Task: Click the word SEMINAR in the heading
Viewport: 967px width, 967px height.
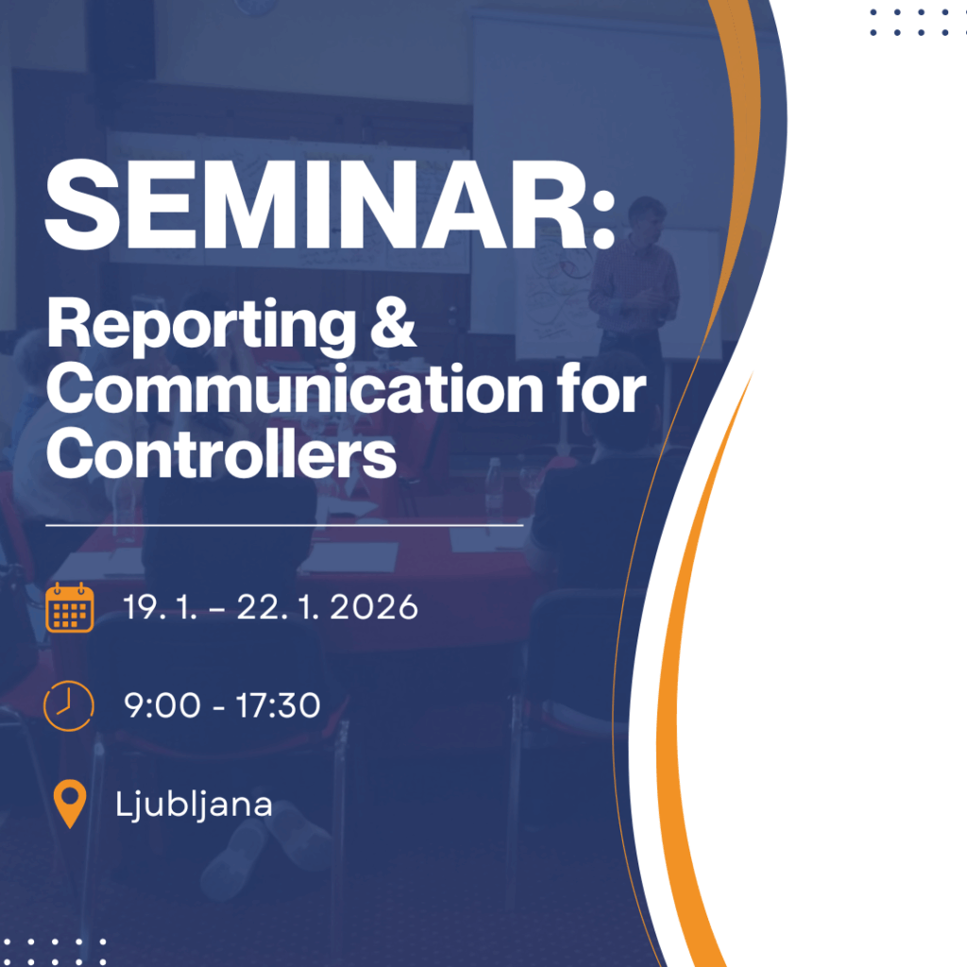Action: point(315,204)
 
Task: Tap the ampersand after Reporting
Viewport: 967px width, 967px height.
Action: point(393,321)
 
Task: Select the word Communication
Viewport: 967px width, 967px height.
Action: point(295,389)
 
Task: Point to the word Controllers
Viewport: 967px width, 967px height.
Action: point(221,453)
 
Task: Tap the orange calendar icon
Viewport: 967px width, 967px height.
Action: point(70,607)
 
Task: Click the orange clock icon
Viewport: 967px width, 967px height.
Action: point(68,705)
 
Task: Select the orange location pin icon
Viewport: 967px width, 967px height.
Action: point(70,804)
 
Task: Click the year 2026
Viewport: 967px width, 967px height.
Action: point(374,607)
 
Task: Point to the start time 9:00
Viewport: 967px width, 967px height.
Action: point(162,704)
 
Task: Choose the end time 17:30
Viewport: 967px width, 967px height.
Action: point(279,704)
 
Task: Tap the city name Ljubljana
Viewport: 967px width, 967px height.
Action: point(194,805)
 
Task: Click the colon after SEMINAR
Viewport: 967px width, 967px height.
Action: point(605,218)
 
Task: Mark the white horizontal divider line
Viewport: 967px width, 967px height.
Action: point(284,525)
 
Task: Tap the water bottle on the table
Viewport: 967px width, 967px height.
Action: point(493,487)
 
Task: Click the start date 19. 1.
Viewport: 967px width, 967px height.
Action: point(161,607)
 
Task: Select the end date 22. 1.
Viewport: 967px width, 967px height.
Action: point(279,607)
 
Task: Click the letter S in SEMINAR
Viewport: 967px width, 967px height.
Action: point(82,204)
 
